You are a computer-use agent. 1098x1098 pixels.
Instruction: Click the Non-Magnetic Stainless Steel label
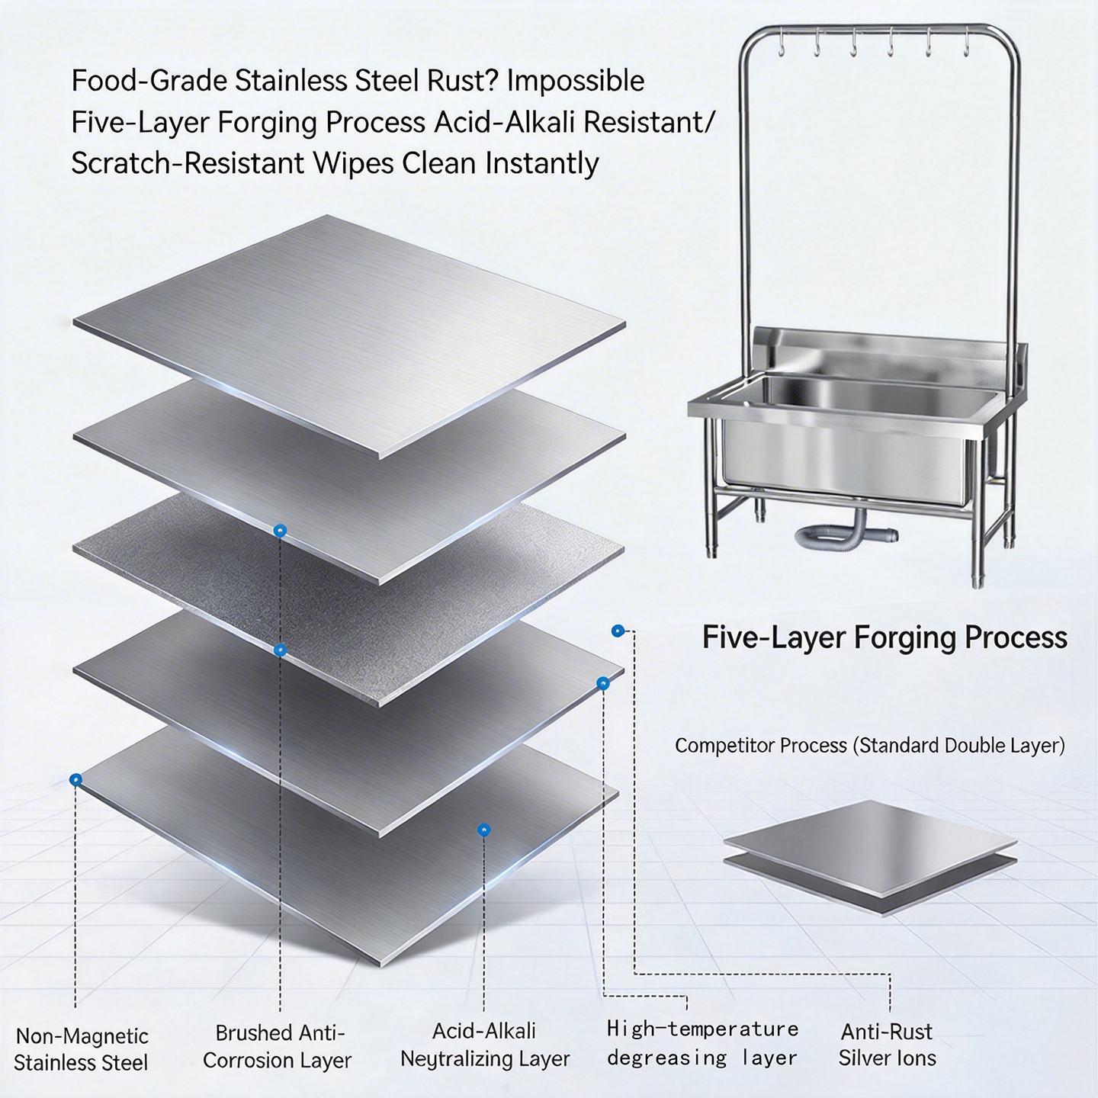82,1049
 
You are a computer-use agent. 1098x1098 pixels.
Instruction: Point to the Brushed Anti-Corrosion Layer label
278,1046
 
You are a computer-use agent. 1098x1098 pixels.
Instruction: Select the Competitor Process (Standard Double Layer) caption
869,745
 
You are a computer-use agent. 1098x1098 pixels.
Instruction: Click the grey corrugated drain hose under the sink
843,534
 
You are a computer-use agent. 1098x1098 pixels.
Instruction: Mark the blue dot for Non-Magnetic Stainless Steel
75,780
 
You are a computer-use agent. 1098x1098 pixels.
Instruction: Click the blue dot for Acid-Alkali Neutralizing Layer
483,830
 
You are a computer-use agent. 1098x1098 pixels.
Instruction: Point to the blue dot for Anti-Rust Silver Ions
617,631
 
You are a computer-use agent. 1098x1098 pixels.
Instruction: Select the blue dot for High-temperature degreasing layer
603,683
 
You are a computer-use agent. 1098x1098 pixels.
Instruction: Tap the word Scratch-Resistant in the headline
188,164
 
